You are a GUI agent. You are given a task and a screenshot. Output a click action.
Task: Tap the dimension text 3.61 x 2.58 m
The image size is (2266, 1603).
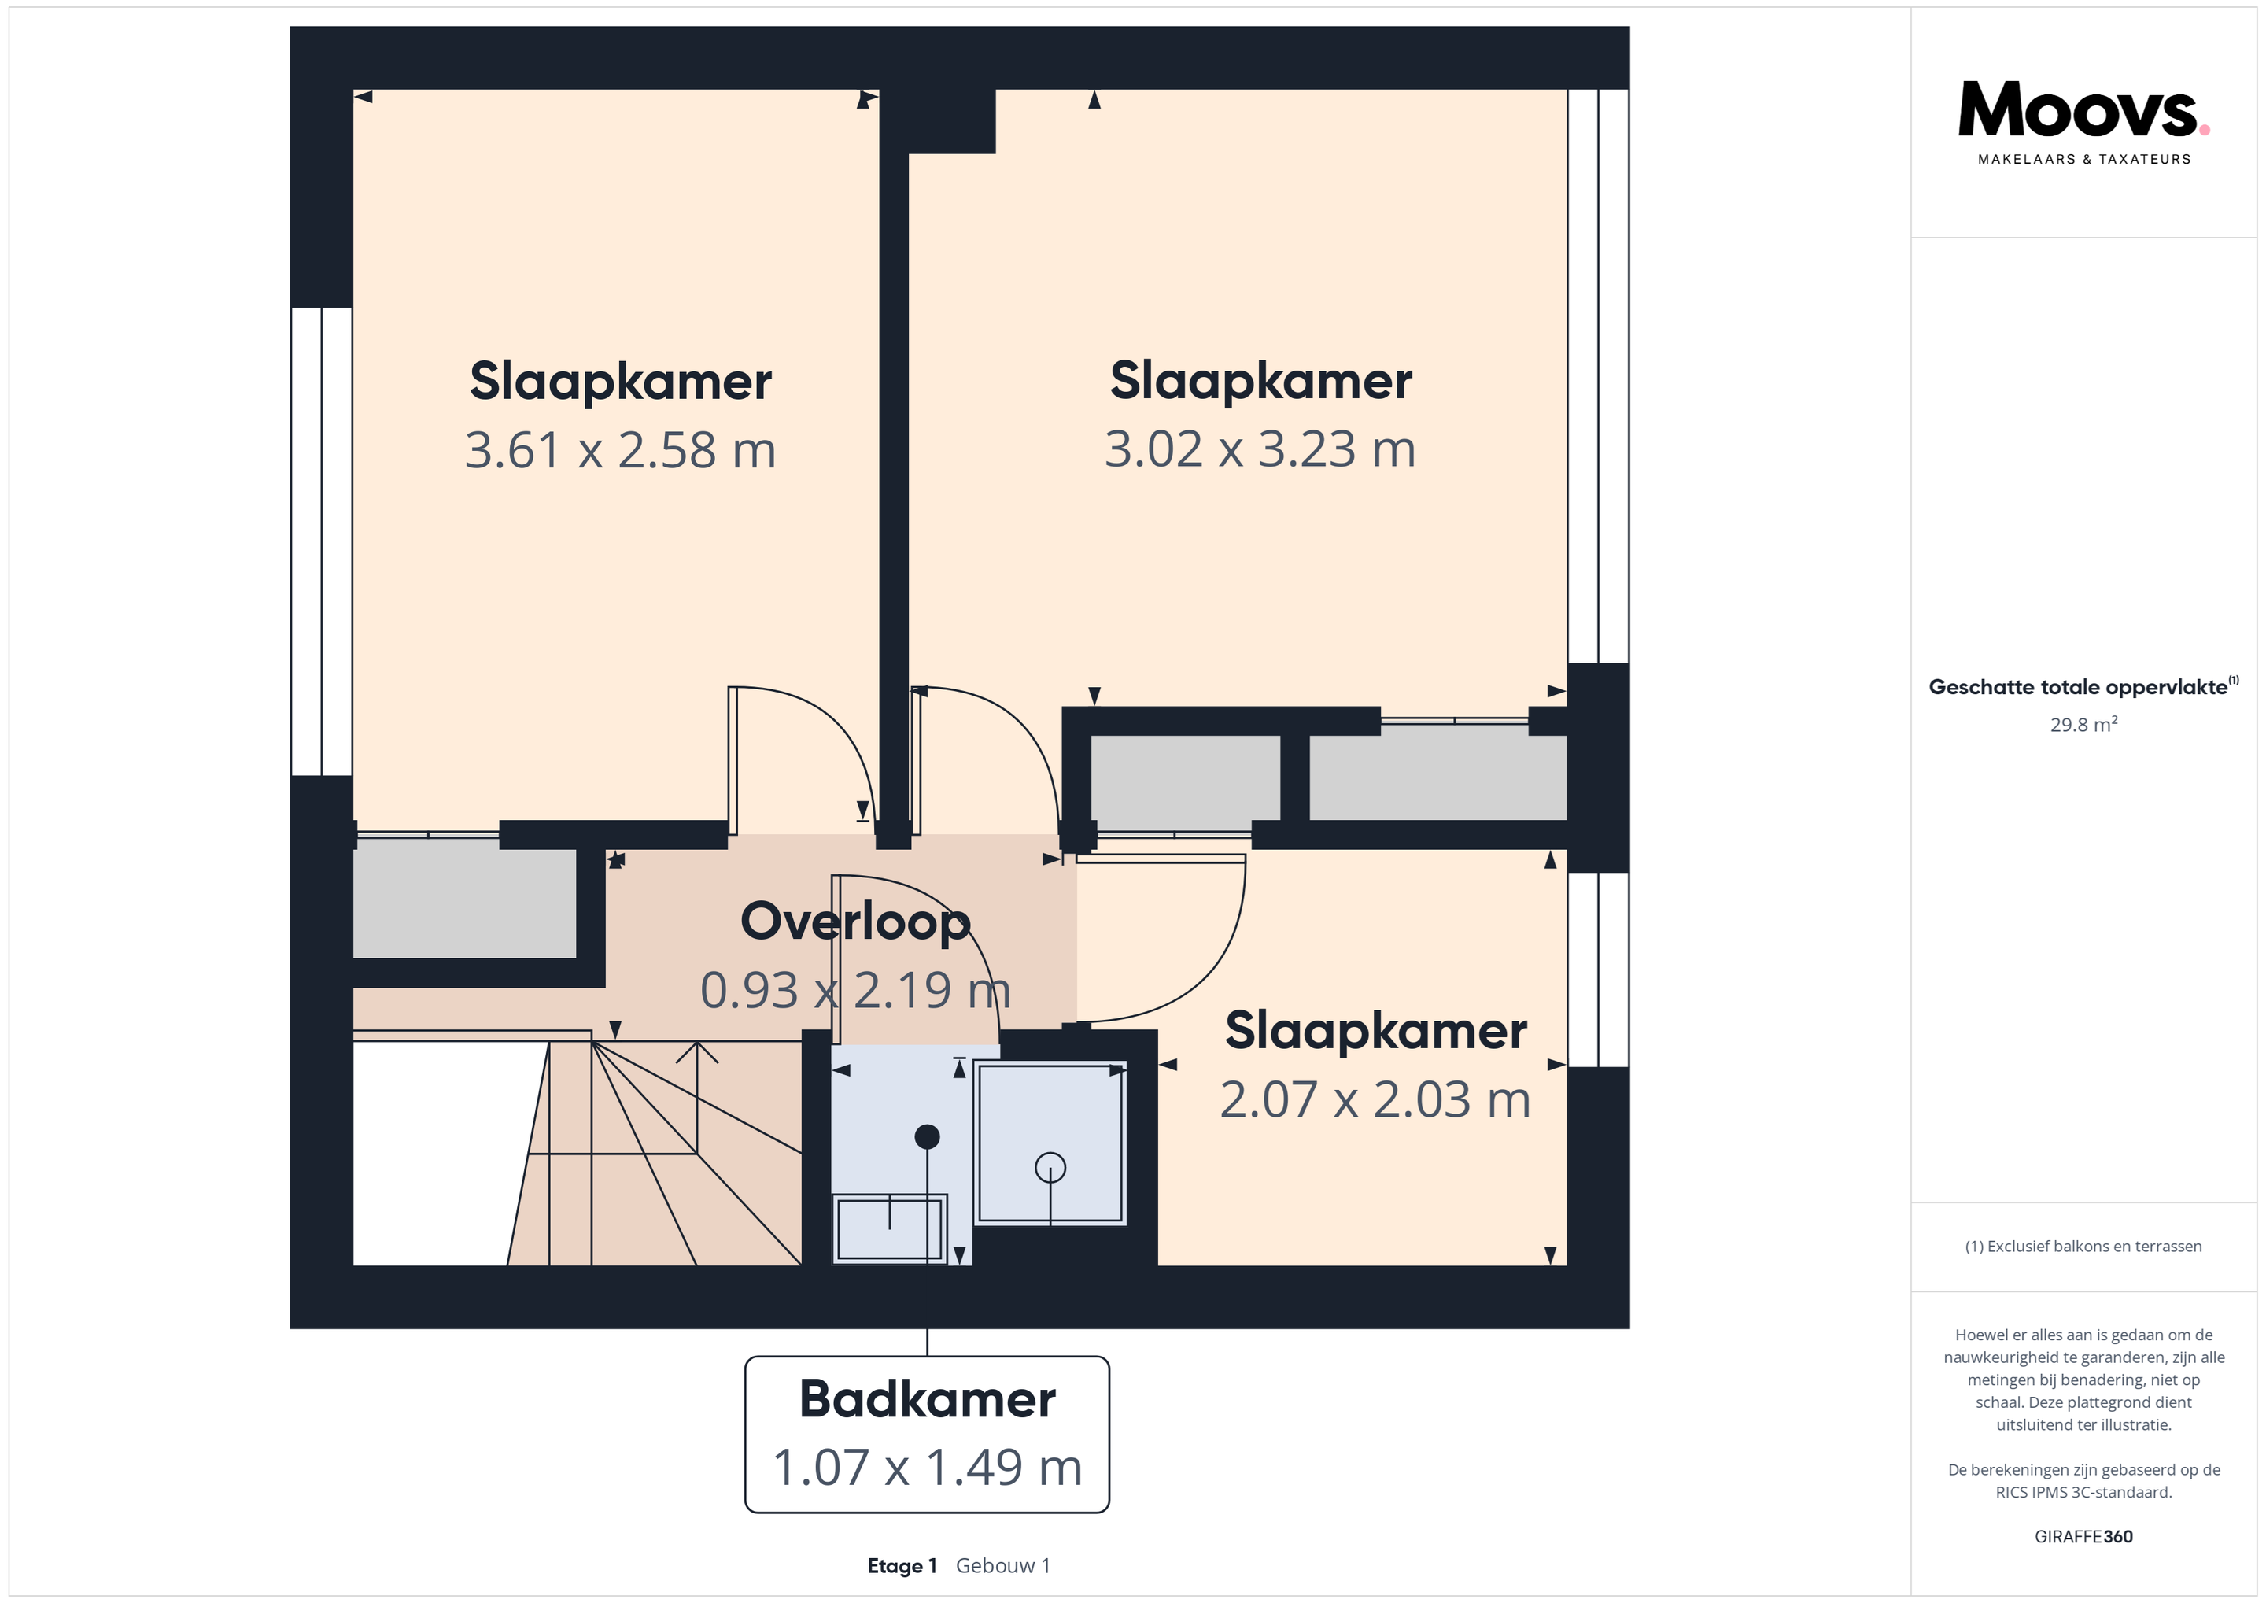[620, 450]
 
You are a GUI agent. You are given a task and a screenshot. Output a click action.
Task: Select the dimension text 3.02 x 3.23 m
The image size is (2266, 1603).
[1260, 449]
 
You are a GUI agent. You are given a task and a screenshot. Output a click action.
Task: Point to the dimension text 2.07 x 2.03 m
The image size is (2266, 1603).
[1375, 1099]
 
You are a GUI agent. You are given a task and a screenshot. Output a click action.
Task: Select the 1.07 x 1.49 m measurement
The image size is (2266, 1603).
[927, 1467]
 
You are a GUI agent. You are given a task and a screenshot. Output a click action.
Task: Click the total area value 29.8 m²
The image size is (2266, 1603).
[2083, 725]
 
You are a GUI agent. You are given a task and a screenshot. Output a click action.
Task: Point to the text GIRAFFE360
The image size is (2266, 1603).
[2083, 1537]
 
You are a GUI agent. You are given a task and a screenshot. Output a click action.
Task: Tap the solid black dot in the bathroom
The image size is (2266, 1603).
[927, 1137]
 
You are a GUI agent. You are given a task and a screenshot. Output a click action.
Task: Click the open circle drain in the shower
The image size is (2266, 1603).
[1050, 1168]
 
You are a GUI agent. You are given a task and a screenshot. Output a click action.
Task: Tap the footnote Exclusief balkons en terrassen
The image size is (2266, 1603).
[2083, 1247]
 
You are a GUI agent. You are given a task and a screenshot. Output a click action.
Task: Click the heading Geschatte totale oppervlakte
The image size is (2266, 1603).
[2079, 687]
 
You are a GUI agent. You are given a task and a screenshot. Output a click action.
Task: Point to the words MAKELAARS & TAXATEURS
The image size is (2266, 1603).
[2084, 159]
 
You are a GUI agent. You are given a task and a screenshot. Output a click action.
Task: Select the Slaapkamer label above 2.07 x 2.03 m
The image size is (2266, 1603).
[1376, 1031]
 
